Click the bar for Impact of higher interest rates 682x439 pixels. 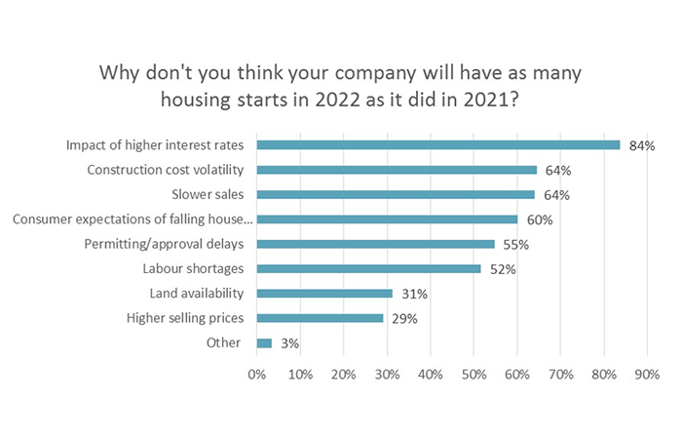pos(438,145)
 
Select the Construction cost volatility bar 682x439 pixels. pos(397,170)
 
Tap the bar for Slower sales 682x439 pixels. pos(396,194)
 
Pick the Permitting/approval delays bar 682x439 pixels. pos(376,244)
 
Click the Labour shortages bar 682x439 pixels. pos(368,268)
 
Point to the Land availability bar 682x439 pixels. pos(324,293)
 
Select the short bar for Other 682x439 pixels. pos(264,342)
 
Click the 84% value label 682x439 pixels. pos(641,145)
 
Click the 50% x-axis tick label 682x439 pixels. pos(474,374)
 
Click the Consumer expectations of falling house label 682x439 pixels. pos(132,219)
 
